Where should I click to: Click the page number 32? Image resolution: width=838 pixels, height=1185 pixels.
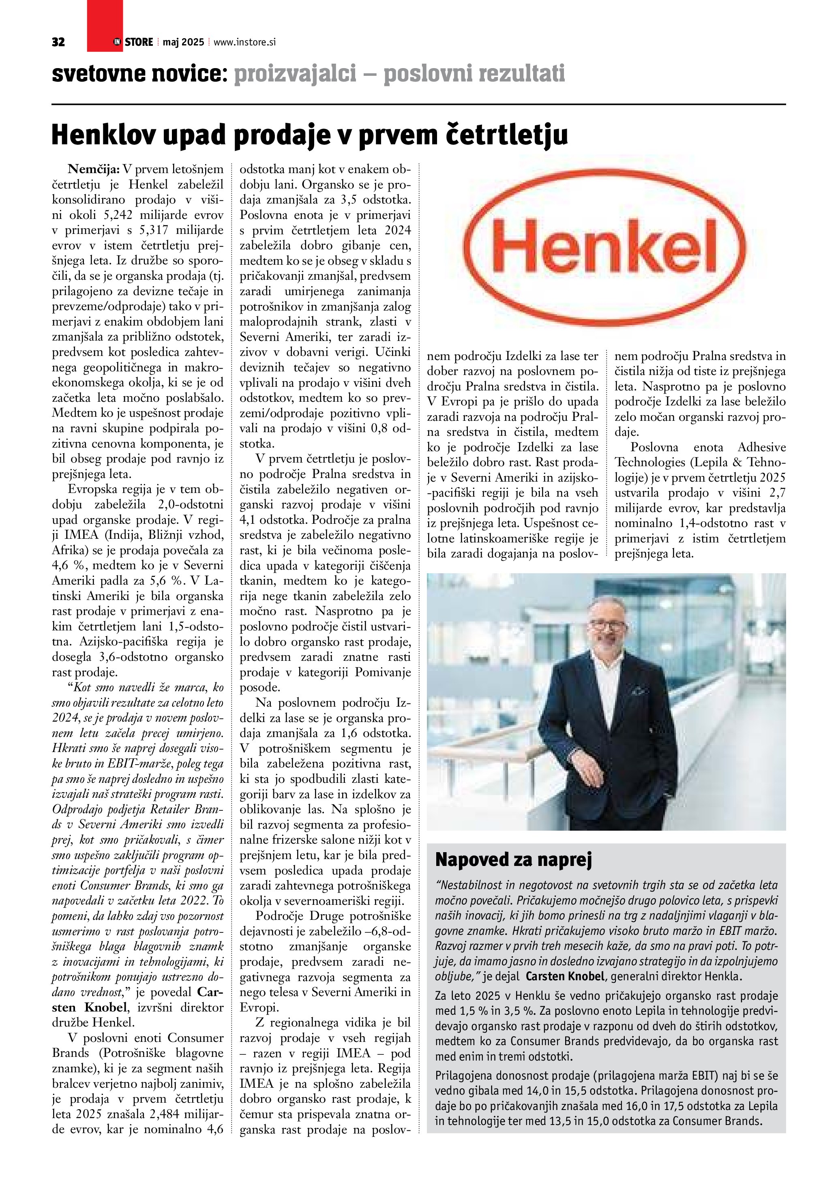(x=58, y=42)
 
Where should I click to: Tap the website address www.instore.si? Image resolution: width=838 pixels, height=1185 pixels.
(x=244, y=42)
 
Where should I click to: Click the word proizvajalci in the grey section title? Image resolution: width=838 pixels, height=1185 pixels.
(x=295, y=74)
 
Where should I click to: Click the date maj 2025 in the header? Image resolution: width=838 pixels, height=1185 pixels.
(x=183, y=42)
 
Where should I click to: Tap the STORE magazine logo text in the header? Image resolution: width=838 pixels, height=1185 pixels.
(x=138, y=42)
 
